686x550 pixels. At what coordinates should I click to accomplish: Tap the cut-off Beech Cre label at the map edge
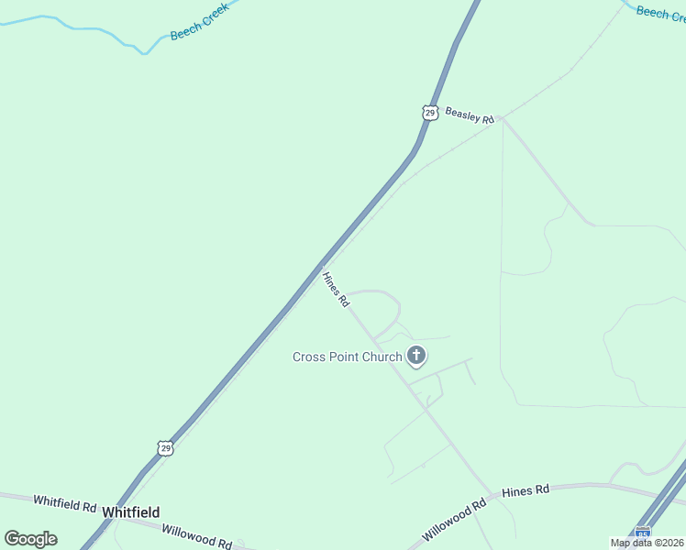pyautogui.click(x=660, y=14)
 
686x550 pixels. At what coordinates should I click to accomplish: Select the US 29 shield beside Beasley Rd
pyautogui.click(x=430, y=112)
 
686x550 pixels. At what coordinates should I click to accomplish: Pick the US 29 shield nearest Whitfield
pyautogui.click(x=164, y=447)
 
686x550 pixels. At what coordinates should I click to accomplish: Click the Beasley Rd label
pyautogui.click(x=470, y=115)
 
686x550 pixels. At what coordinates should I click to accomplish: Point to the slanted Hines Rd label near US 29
pyautogui.click(x=337, y=288)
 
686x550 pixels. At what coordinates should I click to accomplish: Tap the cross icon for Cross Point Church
pyautogui.click(x=416, y=356)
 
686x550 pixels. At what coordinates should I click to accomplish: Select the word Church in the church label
pyautogui.click(x=381, y=357)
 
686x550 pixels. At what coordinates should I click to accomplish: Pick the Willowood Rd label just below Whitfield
pyautogui.click(x=196, y=536)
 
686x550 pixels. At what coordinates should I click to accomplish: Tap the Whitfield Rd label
pyautogui.click(x=64, y=502)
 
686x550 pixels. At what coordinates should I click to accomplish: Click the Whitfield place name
pyautogui.click(x=131, y=512)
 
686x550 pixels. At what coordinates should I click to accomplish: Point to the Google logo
pyautogui.click(x=30, y=539)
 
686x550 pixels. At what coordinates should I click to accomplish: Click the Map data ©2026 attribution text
pyautogui.click(x=647, y=543)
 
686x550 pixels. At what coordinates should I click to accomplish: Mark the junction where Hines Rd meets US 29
pyautogui.click(x=321, y=267)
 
